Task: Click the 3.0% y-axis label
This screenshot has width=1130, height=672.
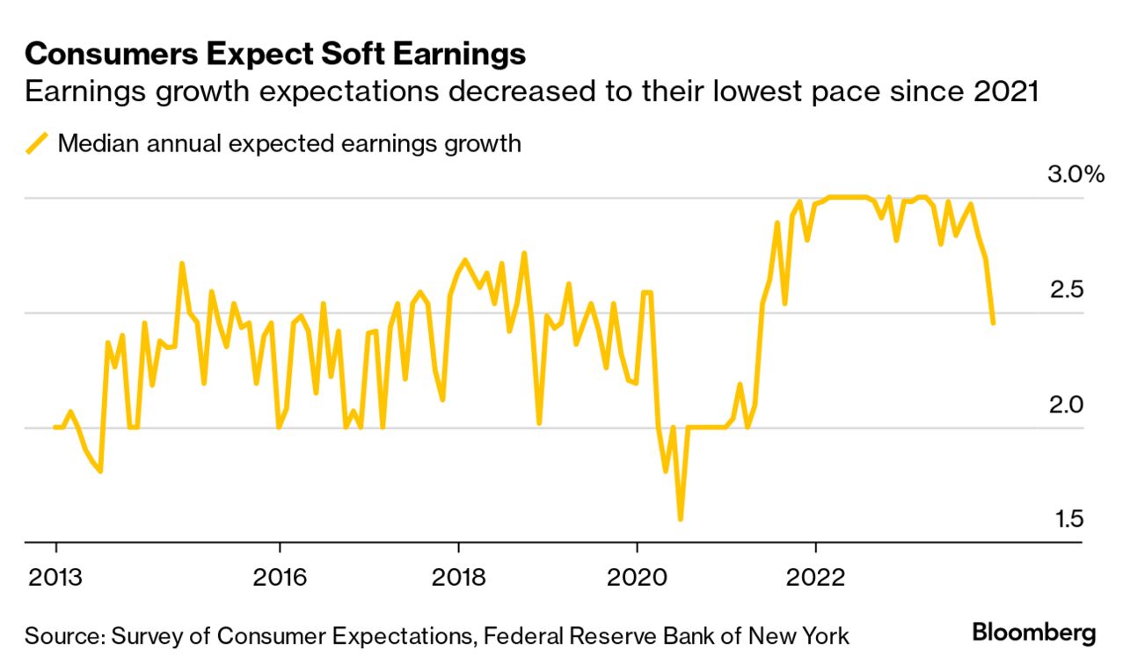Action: click(x=1074, y=175)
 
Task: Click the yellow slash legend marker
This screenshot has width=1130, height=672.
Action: click(x=37, y=143)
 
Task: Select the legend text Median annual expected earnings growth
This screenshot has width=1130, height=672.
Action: click(x=289, y=143)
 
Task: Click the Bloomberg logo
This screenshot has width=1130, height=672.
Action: click(x=1033, y=632)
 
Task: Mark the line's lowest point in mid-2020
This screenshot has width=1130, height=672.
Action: click(x=680, y=519)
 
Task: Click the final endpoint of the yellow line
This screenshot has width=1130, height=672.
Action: click(x=993, y=323)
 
